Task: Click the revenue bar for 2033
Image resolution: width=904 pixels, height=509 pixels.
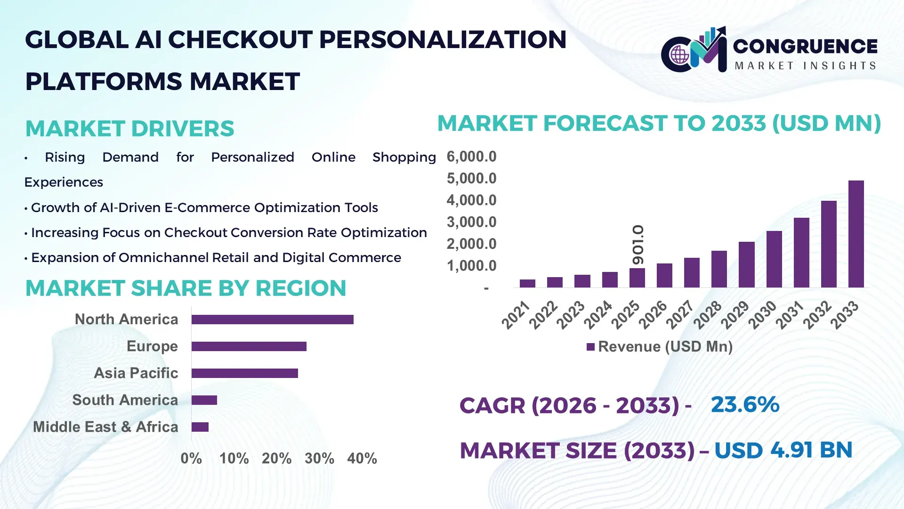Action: coord(856,234)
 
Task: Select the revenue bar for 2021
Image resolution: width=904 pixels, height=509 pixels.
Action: coord(527,283)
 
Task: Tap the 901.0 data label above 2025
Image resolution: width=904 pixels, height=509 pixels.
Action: coord(638,245)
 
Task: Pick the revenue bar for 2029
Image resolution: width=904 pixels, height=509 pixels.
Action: coord(746,264)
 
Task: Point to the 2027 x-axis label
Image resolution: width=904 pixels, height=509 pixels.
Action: coord(680,315)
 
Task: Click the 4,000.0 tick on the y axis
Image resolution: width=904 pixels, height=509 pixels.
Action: coord(471,200)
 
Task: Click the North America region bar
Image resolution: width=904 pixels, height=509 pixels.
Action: coord(272,320)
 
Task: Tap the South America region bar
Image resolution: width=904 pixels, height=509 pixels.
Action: coord(204,400)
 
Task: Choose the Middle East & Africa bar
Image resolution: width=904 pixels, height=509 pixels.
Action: coord(200,427)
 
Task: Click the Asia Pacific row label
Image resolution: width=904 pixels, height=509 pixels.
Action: coord(136,373)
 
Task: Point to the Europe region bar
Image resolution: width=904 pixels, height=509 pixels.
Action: coord(249,346)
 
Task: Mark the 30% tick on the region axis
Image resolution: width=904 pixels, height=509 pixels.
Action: coord(319,459)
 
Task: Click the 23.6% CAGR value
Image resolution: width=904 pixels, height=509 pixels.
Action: coord(745,404)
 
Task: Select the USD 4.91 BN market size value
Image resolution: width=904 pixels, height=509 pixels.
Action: coord(783,450)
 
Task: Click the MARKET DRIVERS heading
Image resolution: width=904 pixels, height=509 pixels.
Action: coord(129,129)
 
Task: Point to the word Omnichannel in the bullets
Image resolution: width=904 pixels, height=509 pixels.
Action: coord(164,258)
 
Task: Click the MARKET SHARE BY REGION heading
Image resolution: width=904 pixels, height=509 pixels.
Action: coord(186,288)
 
